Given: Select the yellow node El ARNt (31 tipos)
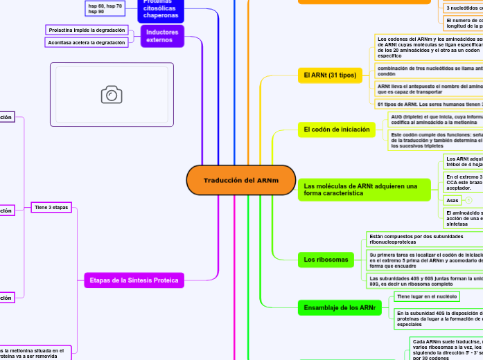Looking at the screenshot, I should pyautogui.click(x=331, y=75).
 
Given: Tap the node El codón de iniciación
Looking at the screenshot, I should pyautogui.click(x=336, y=129).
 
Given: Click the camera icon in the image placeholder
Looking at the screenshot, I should pyautogui.click(x=112, y=95).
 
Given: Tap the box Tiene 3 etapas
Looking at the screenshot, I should pyautogui.click(x=51, y=208).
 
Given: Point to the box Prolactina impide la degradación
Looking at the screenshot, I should pyautogui.click(x=87, y=30).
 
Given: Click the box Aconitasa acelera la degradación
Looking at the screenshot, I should pyautogui.click(x=87, y=43).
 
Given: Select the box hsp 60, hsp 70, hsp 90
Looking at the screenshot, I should pyautogui.click(x=105, y=9).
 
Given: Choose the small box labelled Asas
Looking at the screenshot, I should pyautogui.click(x=453, y=200).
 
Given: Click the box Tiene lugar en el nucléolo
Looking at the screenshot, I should pyautogui.click(x=426, y=297).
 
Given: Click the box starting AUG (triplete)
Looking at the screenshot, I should pyautogui.click(x=435, y=120).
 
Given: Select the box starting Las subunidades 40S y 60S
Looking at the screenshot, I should pyautogui.click(x=423, y=280).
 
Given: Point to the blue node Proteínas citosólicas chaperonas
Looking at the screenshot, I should pyautogui.click(x=161, y=10).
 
